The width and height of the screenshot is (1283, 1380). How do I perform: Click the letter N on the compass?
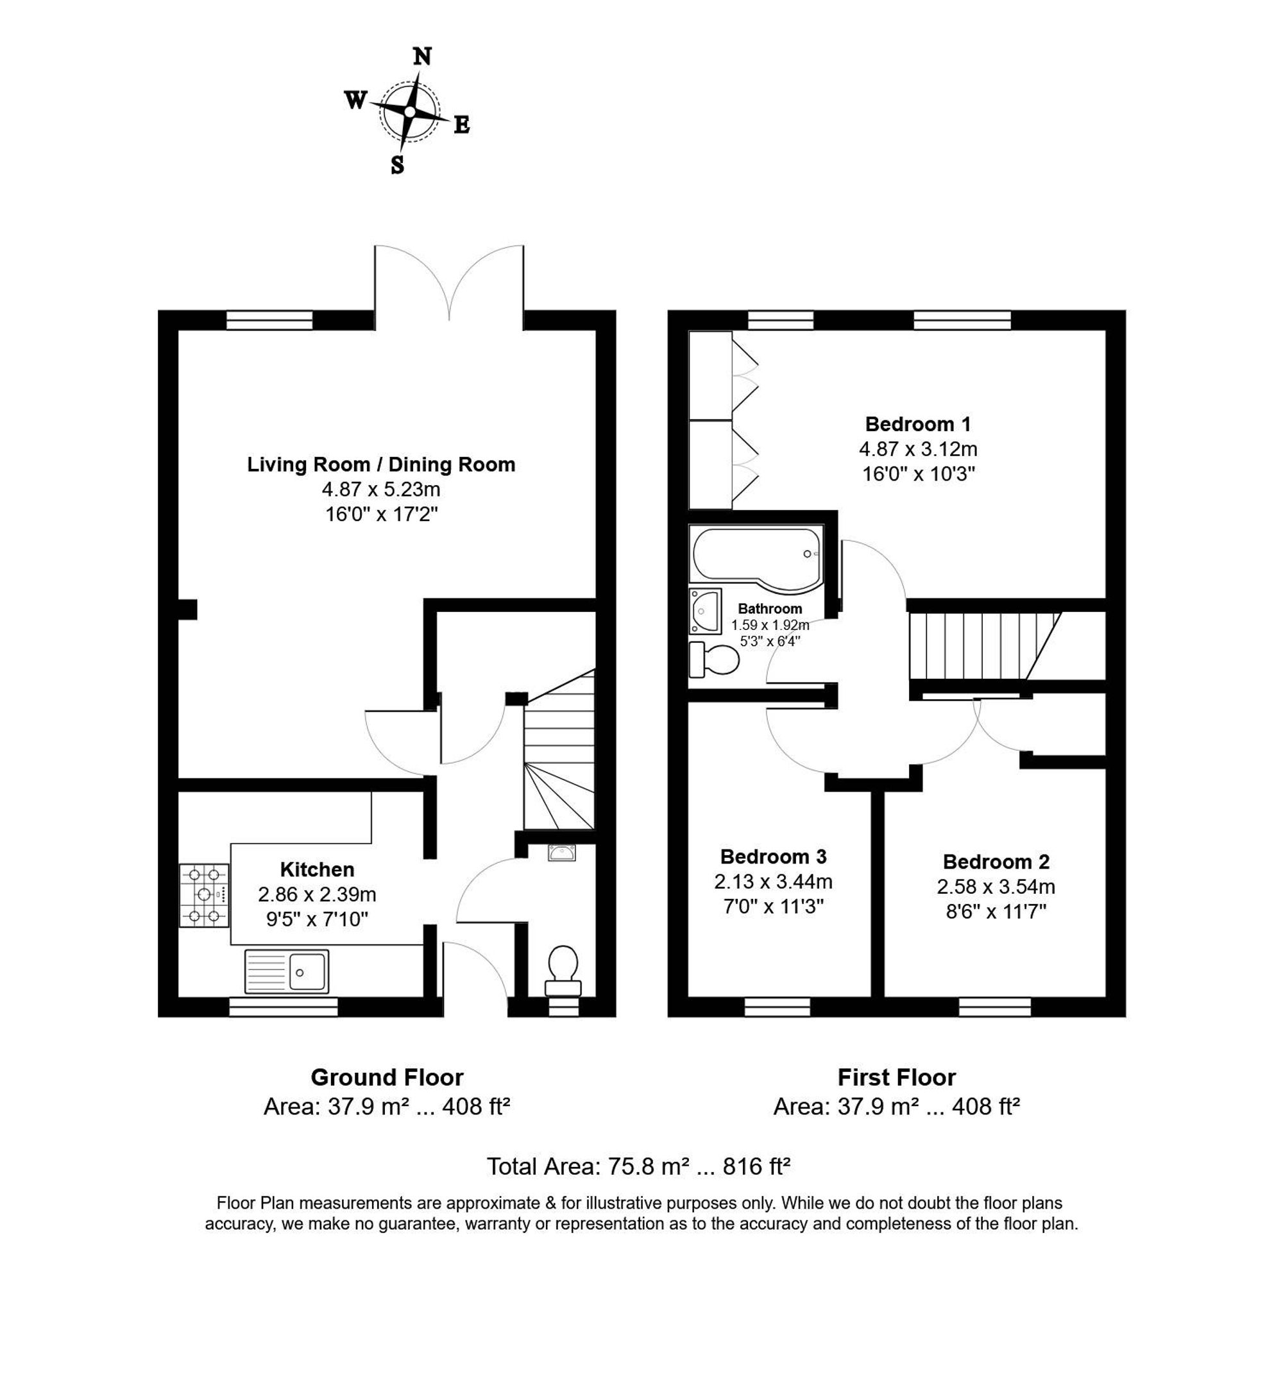(421, 56)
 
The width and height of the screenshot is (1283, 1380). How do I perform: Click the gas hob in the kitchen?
(204, 896)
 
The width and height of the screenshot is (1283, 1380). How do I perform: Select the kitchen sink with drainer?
(286, 972)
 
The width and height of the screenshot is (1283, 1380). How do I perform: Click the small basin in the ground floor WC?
(562, 853)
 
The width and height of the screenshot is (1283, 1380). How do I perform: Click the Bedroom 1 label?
(918, 423)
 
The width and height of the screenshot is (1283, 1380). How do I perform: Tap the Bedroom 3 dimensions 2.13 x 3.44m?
(773, 882)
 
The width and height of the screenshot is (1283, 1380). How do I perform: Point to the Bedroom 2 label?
(996, 862)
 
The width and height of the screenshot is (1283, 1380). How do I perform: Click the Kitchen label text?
(318, 869)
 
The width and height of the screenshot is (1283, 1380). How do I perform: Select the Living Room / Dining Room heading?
(381, 464)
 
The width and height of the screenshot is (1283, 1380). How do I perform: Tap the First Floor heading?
(896, 1077)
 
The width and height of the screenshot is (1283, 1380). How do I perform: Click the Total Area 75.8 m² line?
(638, 1166)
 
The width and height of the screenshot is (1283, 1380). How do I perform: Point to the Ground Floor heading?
(387, 1077)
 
